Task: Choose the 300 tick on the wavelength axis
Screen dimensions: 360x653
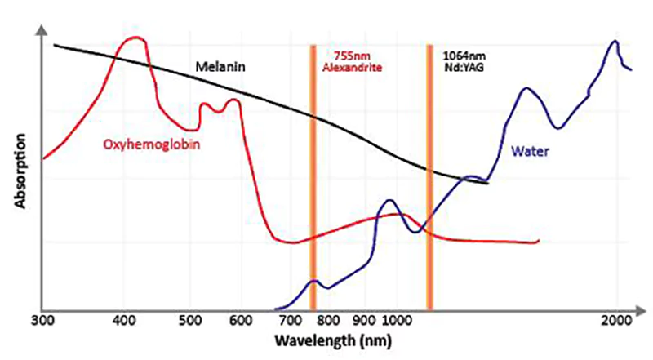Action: [41, 320]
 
